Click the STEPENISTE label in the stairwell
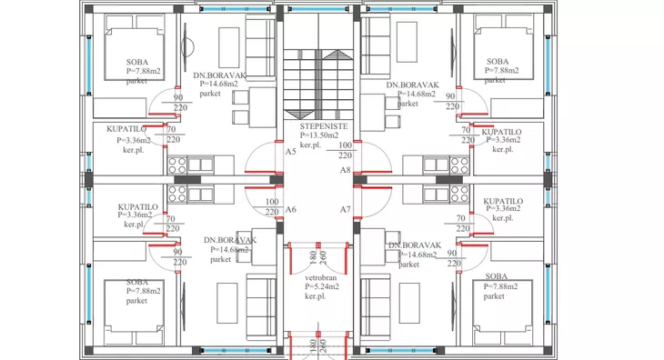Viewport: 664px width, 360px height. (x=324, y=126)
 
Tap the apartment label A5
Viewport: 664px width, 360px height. (x=290, y=152)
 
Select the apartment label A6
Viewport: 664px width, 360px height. (x=290, y=209)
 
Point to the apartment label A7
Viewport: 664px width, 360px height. (x=346, y=209)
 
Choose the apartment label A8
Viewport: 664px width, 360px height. (x=346, y=170)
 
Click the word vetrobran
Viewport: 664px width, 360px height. (x=320, y=278)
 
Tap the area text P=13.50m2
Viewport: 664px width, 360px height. (x=319, y=135)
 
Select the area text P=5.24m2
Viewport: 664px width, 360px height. (x=322, y=286)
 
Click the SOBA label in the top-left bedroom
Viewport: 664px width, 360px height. (x=137, y=62)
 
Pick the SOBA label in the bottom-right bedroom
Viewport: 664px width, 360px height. (x=497, y=276)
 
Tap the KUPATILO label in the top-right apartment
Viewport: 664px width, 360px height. (x=501, y=132)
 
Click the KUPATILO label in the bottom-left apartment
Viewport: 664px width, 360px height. (x=138, y=207)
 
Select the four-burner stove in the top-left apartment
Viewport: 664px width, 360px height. (x=177, y=165)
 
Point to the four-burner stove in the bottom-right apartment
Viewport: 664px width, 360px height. (x=459, y=195)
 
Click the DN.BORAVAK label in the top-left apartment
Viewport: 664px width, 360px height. (x=219, y=75)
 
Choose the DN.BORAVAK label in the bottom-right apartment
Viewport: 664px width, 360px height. (x=415, y=245)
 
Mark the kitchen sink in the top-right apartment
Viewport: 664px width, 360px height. (x=436, y=165)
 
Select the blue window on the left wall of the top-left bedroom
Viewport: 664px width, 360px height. (x=89, y=65)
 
